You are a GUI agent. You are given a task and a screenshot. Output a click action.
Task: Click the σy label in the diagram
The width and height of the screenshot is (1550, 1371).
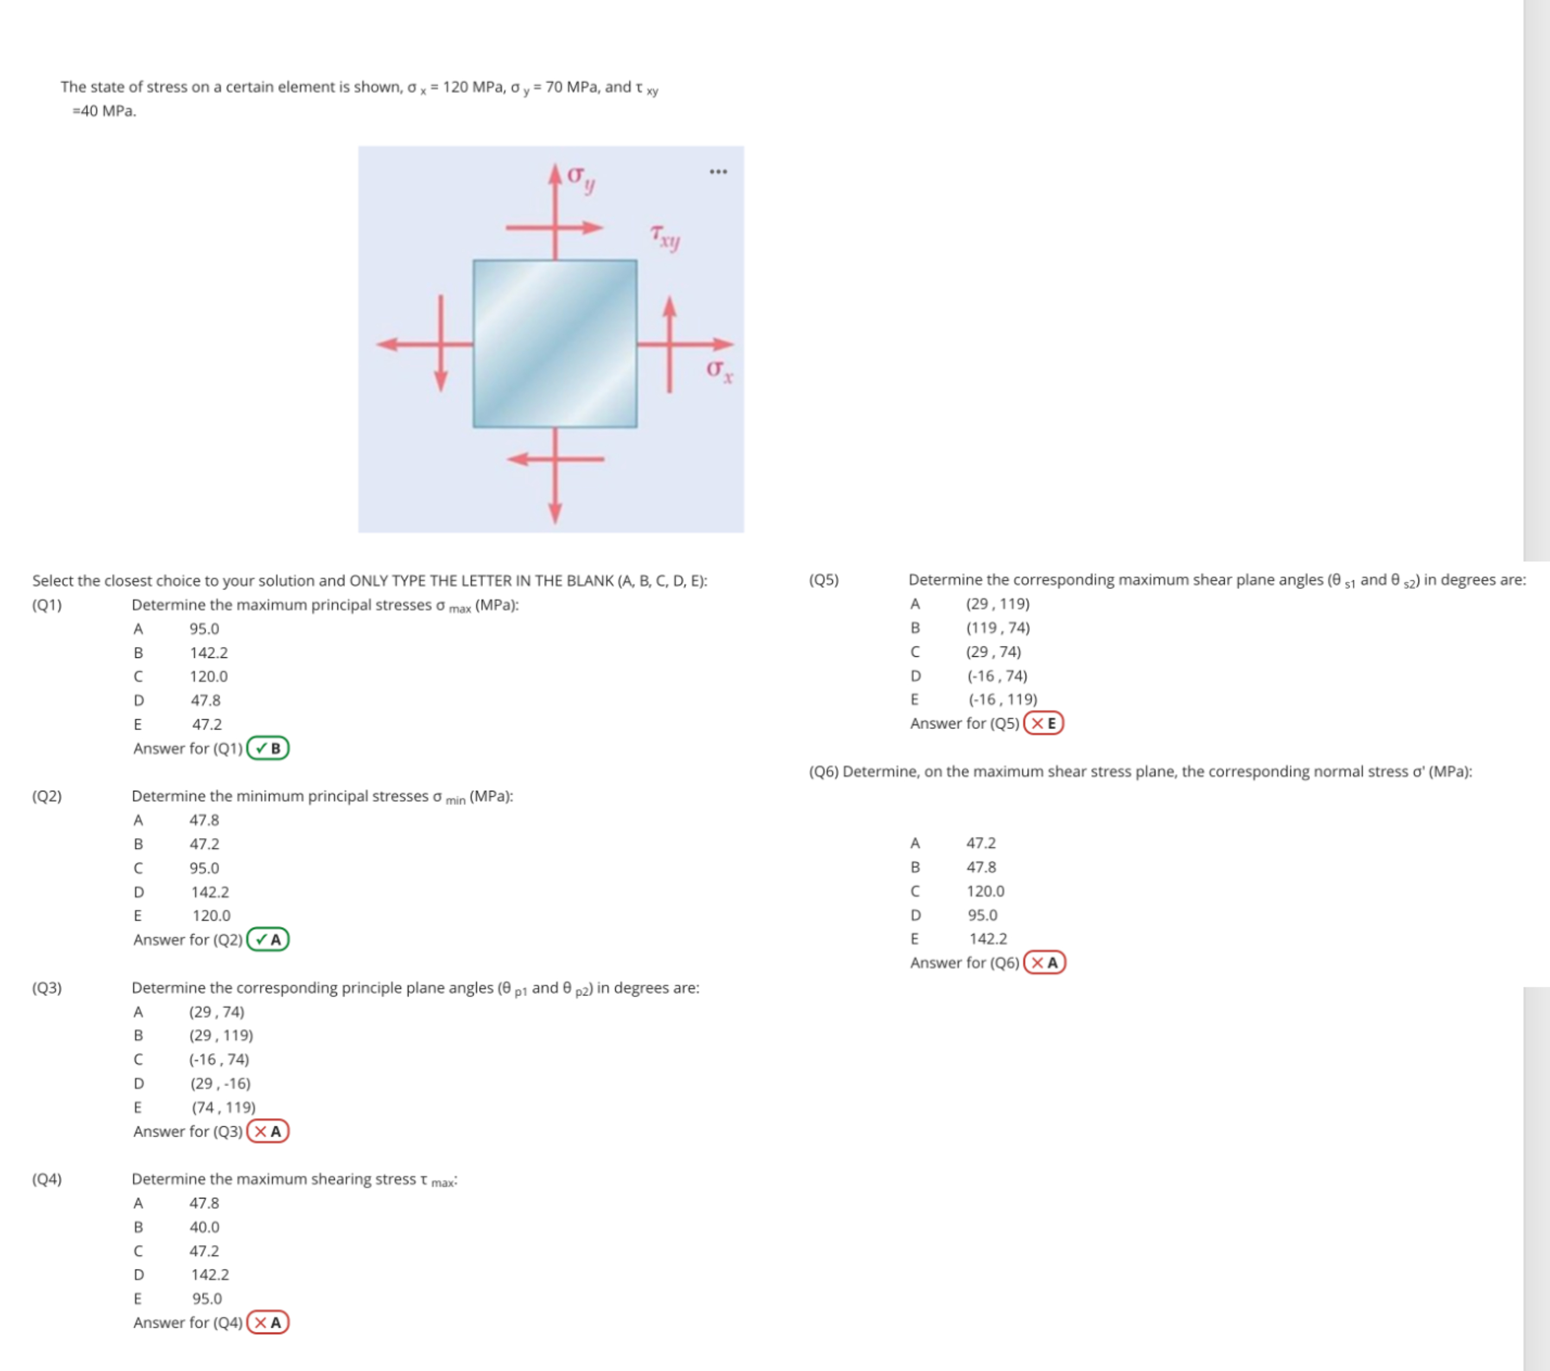[x=581, y=178]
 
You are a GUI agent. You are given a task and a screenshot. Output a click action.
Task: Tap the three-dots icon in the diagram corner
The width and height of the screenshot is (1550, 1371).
[x=718, y=172]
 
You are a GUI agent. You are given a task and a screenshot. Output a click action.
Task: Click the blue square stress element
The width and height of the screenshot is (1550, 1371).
[x=554, y=344]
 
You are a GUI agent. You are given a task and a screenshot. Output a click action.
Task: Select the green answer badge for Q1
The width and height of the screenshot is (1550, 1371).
[x=268, y=748]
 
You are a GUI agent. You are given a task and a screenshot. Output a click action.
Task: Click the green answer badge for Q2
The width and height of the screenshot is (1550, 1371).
[x=268, y=940]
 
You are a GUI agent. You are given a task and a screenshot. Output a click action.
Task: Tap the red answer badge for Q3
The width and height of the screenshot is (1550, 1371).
[x=268, y=1132]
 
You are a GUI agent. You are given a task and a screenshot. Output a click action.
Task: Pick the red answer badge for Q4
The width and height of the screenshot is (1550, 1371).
[x=268, y=1323]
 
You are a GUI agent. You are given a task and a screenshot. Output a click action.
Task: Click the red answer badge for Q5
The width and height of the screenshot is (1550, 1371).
[x=1044, y=723]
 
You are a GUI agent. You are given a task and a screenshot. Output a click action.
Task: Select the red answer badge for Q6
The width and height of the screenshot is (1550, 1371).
[x=1044, y=962]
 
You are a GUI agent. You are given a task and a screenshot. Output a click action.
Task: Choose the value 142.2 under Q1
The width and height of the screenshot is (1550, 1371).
[x=208, y=653]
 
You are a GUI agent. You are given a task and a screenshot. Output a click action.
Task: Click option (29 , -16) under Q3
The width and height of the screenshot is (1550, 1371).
[x=220, y=1083]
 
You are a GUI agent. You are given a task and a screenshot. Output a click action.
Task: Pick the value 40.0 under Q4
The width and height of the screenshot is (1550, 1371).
[x=204, y=1227]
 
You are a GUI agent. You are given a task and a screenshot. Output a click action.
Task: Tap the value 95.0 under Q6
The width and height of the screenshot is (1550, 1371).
[x=982, y=915]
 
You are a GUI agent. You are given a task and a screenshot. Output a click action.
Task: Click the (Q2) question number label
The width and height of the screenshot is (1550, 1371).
[x=47, y=796]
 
